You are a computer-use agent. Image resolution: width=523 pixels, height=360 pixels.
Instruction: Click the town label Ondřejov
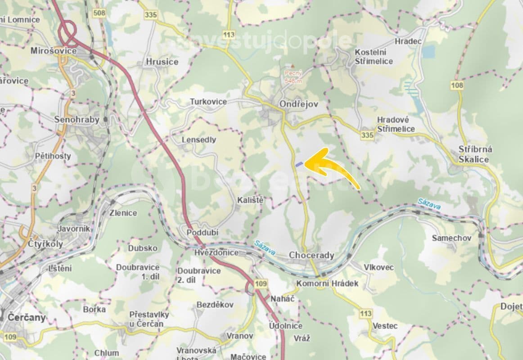[298, 104]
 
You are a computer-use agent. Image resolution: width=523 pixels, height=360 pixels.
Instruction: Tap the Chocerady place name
[311, 256]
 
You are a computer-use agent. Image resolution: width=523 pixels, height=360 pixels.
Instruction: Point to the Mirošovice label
[53, 51]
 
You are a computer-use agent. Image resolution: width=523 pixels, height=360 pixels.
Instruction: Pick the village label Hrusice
[162, 62]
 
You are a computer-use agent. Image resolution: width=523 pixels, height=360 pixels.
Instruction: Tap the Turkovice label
[208, 102]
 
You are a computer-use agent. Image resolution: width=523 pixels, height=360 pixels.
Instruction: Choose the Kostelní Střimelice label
[374, 57]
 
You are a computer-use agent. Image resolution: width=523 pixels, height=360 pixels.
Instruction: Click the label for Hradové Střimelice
[396, 124]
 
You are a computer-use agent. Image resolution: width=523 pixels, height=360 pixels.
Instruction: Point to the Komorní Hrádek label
[327, 283]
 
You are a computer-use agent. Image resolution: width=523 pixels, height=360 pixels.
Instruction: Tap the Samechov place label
[451, 238]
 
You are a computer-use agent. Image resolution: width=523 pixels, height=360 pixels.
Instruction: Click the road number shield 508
[99, 13]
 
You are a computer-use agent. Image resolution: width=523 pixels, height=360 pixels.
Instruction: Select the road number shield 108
[457, 85]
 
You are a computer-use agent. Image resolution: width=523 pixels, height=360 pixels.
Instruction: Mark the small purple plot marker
[299, 164]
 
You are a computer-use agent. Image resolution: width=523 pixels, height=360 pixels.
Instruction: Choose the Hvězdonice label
[216, 252]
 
